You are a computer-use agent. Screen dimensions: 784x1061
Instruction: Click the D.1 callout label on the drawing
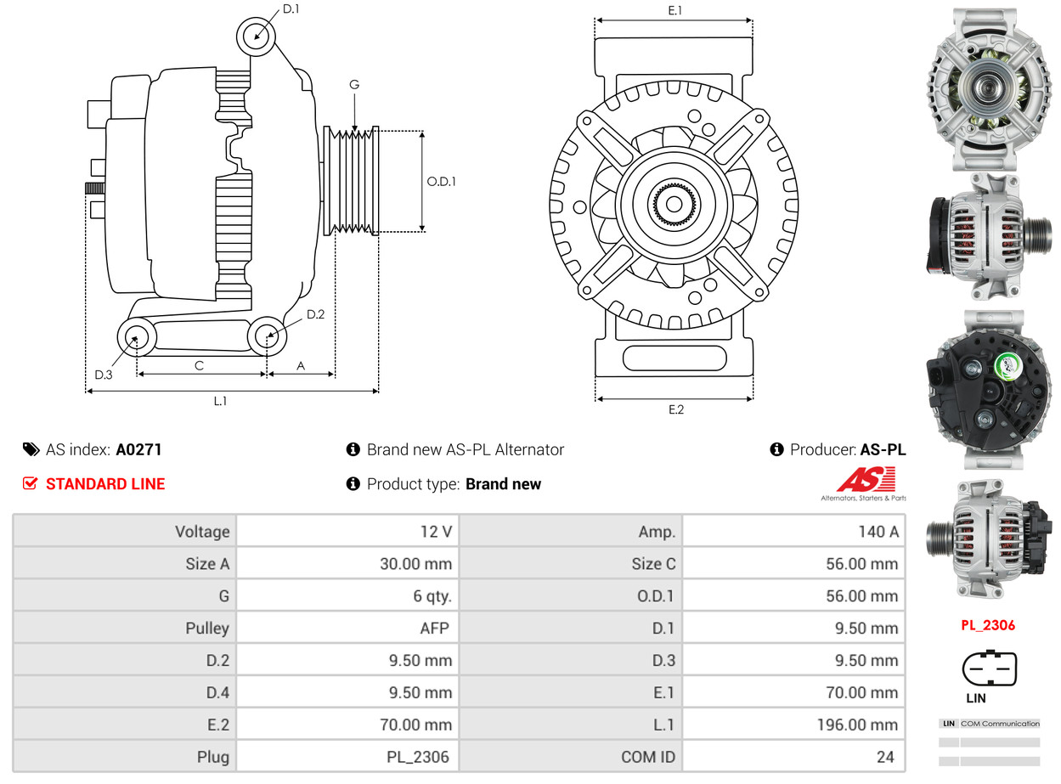pos(291,9)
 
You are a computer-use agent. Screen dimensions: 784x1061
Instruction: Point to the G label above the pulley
pos(354,84)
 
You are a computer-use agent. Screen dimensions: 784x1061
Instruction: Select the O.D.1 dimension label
pos(442,181)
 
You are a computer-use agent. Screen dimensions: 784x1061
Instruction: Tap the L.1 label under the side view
pos(220,401)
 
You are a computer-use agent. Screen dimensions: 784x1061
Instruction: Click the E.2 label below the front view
pos(675,409)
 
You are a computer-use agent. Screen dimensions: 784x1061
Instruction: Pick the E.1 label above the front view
pos(675,10)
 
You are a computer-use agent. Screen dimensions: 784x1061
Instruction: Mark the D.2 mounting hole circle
pos(267,336)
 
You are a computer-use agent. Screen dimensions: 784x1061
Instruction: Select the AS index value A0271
pos(138,450)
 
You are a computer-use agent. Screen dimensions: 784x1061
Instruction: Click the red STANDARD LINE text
pos(105,484)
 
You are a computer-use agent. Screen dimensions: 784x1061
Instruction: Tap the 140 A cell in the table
pos(878,532)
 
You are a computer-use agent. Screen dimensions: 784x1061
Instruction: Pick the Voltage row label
pos(202,532)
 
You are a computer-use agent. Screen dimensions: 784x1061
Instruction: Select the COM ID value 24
pos(885,757)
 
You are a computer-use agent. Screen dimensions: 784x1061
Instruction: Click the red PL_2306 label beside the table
pos(988,626)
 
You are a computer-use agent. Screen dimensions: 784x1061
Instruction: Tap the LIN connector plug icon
pos(989,668)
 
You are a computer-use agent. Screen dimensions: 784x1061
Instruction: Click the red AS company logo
pos(866,481)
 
